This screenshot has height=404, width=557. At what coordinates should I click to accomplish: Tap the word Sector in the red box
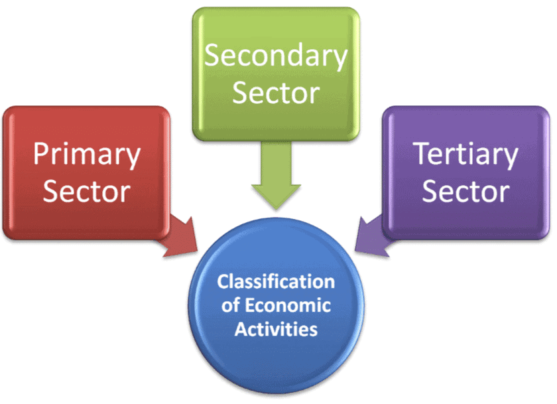(x=87, y=192)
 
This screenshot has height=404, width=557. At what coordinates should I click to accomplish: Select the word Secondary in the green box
(x=276, y=56)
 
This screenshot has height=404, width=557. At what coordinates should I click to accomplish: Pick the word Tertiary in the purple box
(x=466, y=155)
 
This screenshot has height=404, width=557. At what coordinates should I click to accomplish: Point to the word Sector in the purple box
(x=466, y=192)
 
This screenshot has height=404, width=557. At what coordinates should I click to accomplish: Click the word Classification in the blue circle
(x=276, y=282)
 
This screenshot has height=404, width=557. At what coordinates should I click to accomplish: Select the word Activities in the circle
(x=276, y=328)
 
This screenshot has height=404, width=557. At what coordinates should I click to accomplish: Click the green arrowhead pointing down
(x=276, y=192)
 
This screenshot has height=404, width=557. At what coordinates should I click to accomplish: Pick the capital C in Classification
(x=223, y=282)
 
